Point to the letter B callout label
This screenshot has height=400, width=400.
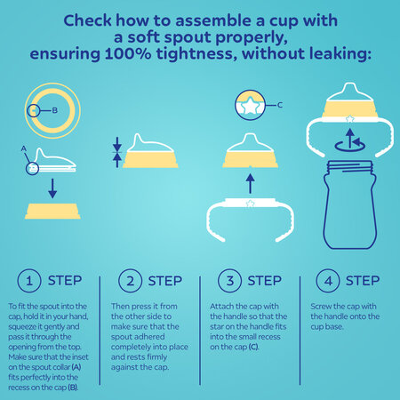56,111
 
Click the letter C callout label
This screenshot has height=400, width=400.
283,107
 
